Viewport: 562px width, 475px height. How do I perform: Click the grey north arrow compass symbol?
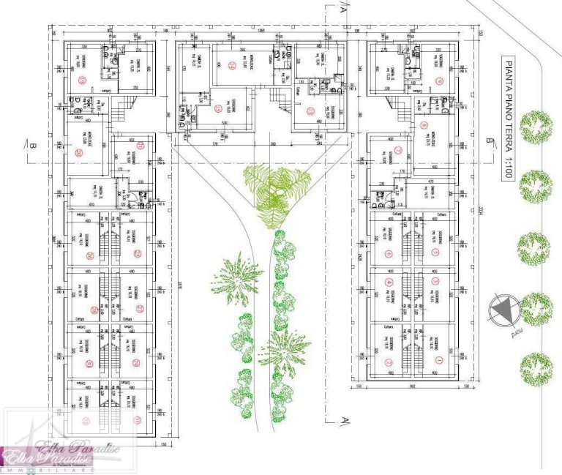point(503,311)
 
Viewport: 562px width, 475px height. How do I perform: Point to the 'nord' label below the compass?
point(508,333)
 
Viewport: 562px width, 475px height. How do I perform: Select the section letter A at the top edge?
point(342,10)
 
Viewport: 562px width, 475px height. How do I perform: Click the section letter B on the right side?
point(489,139)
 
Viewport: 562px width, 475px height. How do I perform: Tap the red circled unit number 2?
point(389,360)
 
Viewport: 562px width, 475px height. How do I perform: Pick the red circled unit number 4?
point(389,283)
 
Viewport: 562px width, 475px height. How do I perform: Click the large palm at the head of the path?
point(272,187)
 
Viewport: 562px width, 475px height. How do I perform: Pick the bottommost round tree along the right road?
point(536,369)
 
